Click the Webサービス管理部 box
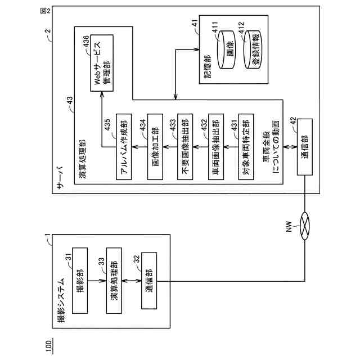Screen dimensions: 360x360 point(102,63)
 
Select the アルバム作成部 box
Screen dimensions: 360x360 point(124,146)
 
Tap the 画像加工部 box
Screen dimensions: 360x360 point(155,146)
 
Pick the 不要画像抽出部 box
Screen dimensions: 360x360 point(185,146)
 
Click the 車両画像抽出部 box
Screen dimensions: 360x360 point(216,146)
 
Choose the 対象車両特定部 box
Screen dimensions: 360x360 point(246,146)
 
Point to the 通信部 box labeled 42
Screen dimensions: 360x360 point(305,147)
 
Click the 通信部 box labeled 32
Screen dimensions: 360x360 point(149,281)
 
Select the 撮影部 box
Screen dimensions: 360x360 point(80,281)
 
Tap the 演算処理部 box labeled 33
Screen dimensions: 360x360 point(114,281)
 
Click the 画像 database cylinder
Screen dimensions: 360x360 point(227,49)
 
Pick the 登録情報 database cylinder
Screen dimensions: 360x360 point(253,49)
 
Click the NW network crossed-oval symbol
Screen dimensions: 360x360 point(305,226)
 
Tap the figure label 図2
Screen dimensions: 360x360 point(45,11)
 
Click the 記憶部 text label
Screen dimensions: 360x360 point(208,66)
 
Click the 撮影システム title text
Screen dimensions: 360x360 point(61,300)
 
